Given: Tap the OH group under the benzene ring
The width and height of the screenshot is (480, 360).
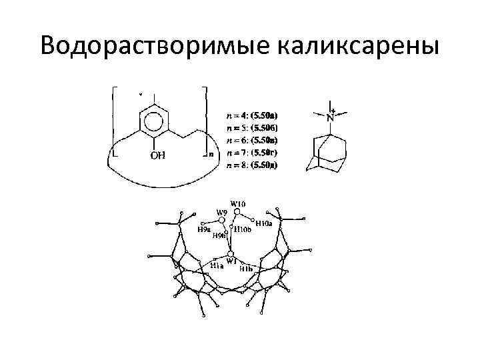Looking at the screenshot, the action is pos(157,157).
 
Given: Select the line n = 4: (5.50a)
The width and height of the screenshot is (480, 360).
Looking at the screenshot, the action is pos(253,114).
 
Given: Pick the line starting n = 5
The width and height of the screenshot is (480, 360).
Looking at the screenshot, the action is pos(253,127).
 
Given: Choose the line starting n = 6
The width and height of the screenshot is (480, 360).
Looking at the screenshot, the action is pos(253,139).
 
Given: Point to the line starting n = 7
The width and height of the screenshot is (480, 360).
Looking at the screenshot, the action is pos(253,152).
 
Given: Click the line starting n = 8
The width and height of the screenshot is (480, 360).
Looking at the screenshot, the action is pos(253,164).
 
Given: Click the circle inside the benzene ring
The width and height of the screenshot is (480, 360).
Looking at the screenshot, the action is pos(153,123).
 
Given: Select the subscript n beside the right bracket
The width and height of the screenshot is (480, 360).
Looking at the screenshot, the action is pos(211,154).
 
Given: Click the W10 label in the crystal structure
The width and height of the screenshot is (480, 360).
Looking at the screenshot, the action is pos(238,203).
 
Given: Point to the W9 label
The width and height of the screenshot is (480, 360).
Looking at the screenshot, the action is pos(222,213).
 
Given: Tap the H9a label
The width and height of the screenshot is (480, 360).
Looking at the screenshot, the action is pos(205,229).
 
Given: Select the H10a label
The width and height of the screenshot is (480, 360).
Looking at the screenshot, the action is pos(264,224).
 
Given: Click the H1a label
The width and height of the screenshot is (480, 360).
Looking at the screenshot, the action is pos(217,265).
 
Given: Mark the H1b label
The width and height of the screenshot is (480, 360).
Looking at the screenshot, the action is pos(246,268).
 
